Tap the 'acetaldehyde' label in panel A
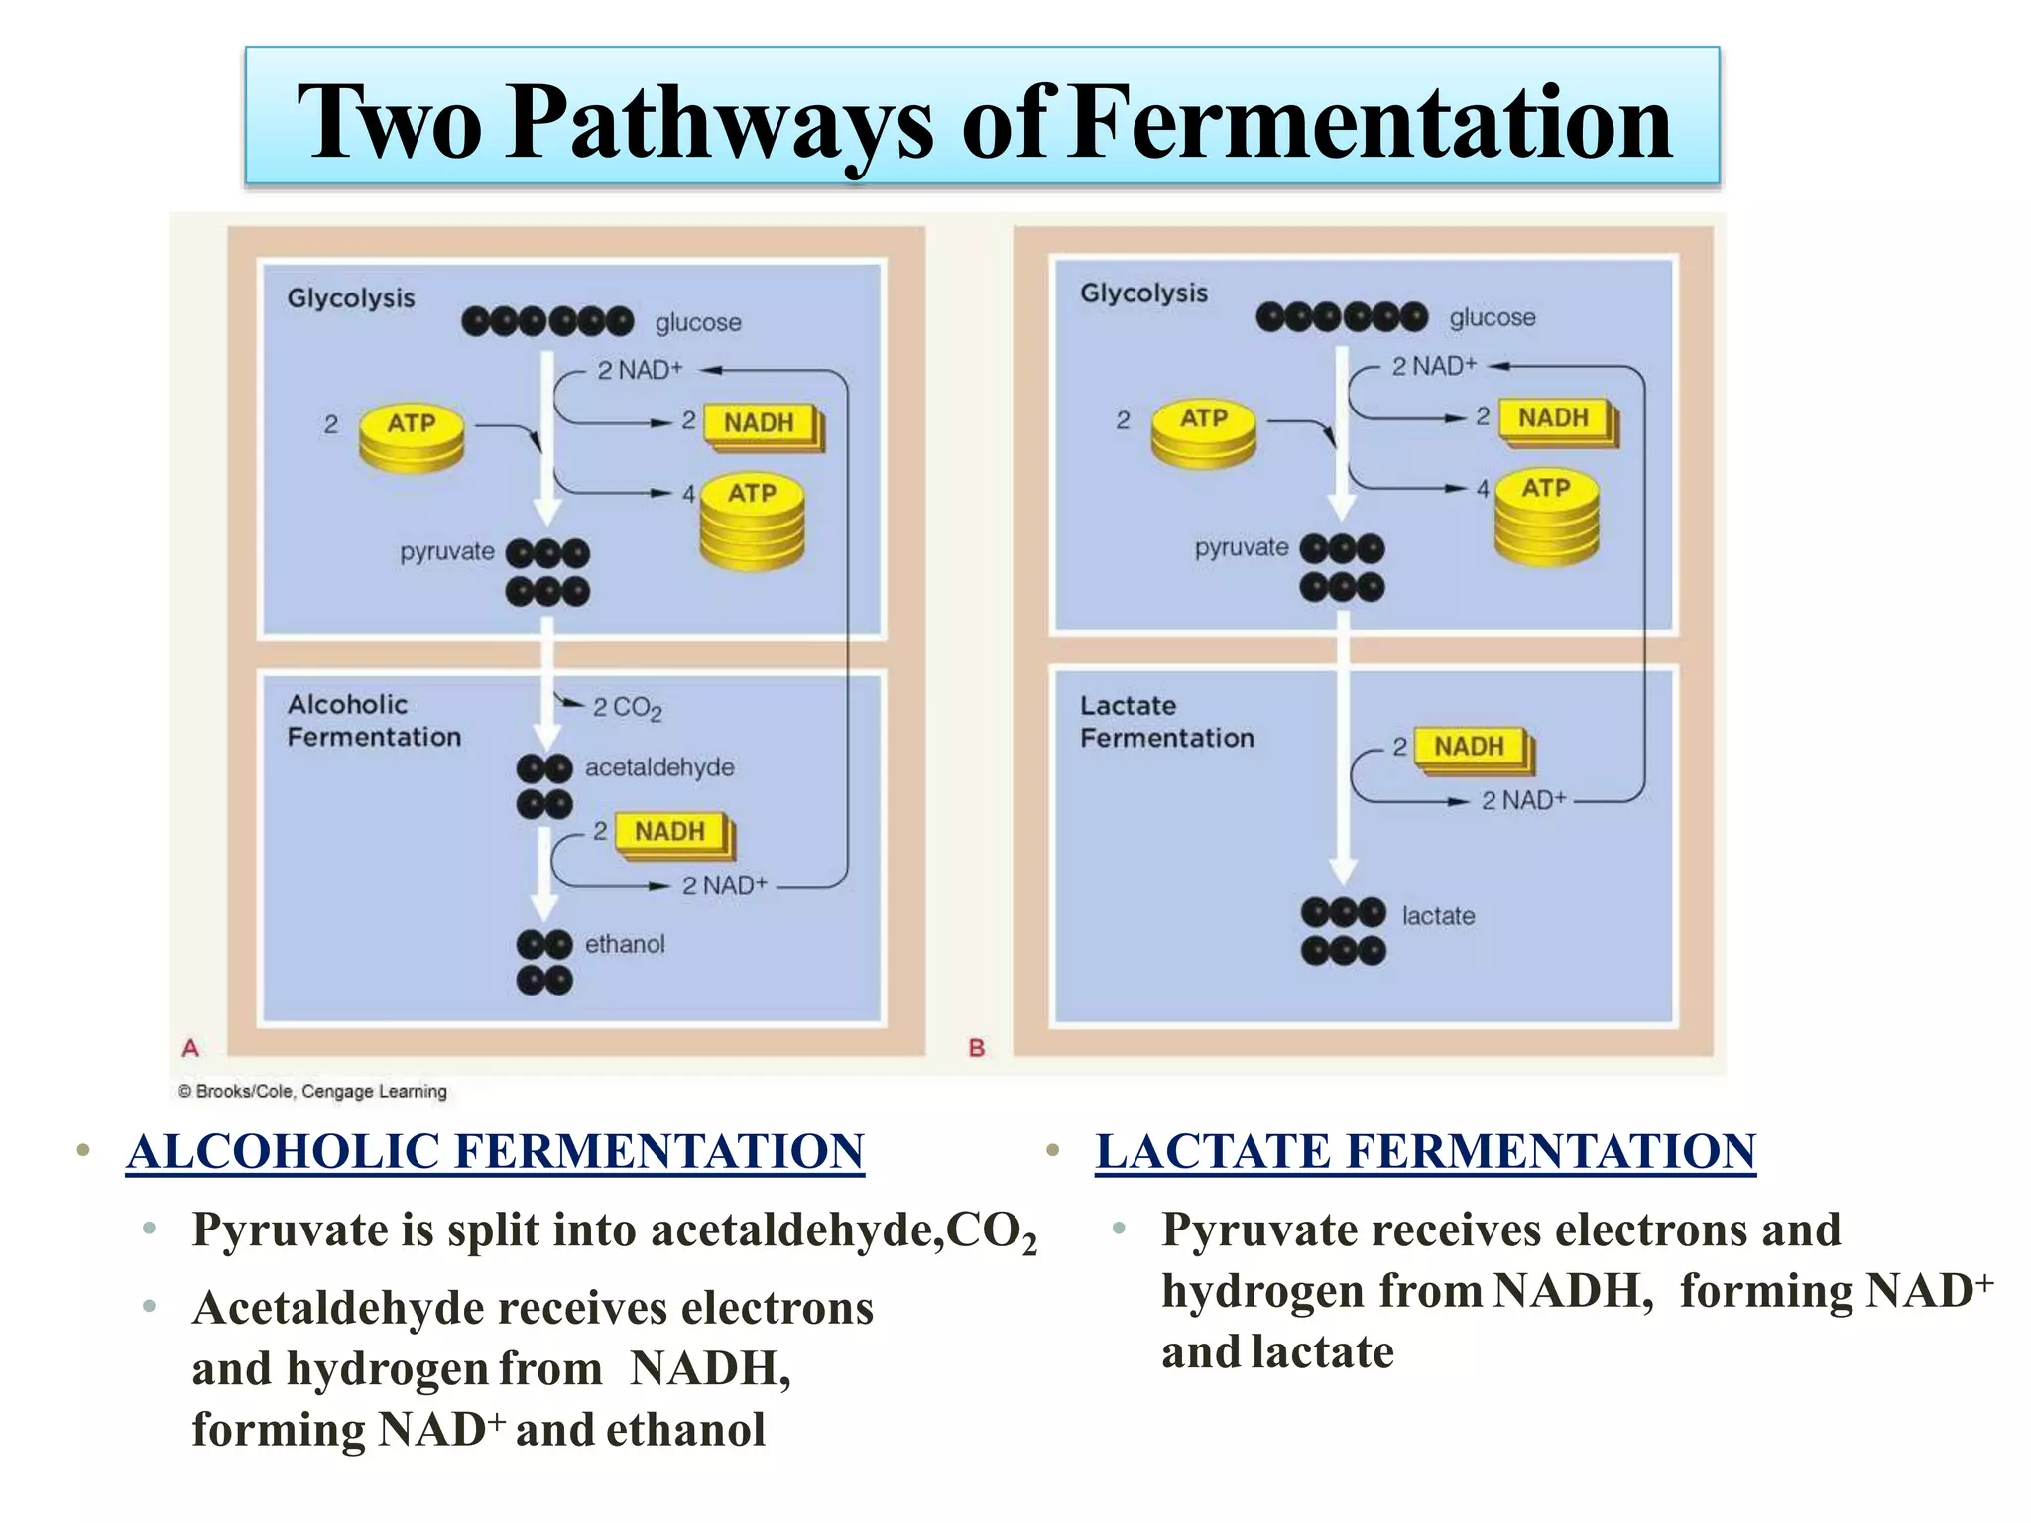pyautogui.click(x=658, y=767)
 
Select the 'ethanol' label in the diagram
pyautogui.click(x=624, y=944)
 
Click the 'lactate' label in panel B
pyautogui.click(x=1437, y=916)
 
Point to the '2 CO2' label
pyautogui.click(x=626, y=708)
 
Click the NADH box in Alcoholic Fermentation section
pyautogui.click(x=671, y=832)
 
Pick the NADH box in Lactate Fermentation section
pyautogui.click(x=1470, y=747)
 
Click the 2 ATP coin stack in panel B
pyautogui.click(x=1203, y=433)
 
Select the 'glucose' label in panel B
pyautogui.click(x=1492, y=318)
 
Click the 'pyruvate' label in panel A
pyautogui.click(x=446, y=552)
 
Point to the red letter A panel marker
pyautogui.click(x=190, y=1048)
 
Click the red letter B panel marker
pyautogui.click(x=976, y=1048)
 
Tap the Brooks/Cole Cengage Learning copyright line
pyautogui.click(x=311, y=1092)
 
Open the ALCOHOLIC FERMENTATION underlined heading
pyautogui.click(x=495, y=1152)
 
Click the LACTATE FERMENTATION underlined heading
pyautogui.click(x=1425, y=1152)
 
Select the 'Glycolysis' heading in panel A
pyautogui.click(x=350, y=298)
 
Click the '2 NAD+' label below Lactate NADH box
pyautogui.click(x=1522, y=800)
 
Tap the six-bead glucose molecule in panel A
pyautogui.click(x=547, y=321)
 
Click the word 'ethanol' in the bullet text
pyautogui.click(x=685, y=1430)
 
